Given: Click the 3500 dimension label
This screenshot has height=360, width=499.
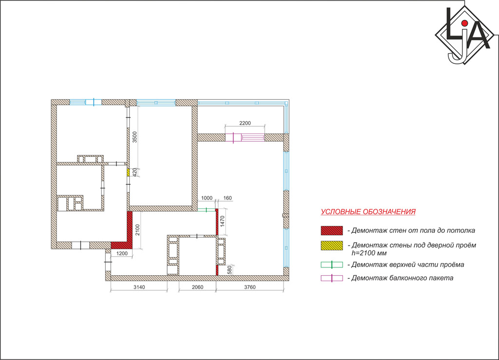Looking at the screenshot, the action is click(x=134, y=137).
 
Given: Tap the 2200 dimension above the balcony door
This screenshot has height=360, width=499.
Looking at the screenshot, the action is click(x=245, y=123).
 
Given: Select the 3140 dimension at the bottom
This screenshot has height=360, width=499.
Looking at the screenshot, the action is click(x=139, y=287).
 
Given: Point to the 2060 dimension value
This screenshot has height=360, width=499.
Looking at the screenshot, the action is click(x=198, y=287).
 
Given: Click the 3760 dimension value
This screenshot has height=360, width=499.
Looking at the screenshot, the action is click(x=250, y=287).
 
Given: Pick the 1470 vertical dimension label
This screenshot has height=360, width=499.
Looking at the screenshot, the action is click(x=222, y=221).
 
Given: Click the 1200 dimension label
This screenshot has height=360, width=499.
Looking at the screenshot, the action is click(x=122, y=253).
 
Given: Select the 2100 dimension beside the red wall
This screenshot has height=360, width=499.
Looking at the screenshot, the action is click(x=137, y=230).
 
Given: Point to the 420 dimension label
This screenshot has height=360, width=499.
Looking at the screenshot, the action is click(x=134, y=172).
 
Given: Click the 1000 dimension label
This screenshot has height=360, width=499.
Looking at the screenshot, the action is click(x=207, y=198).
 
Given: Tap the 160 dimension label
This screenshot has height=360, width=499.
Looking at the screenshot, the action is click(x=228, y=198).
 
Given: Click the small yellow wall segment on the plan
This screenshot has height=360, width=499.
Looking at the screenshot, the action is click(x=128, y=172).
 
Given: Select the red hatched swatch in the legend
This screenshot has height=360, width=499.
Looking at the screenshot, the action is click(x=331, y=230).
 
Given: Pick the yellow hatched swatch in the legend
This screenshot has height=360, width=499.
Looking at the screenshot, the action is click(x=331, y=246).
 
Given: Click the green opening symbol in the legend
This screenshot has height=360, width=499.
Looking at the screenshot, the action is click(x=331, y=265).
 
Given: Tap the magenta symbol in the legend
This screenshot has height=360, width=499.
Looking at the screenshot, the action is click(x=331, y=278).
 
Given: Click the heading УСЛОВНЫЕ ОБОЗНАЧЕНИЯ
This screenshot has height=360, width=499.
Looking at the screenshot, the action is click(x=368, y=212).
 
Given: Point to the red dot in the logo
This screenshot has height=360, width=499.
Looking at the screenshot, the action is click(x=464, y=23).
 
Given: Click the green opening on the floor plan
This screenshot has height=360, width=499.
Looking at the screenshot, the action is click(x=207, y=210).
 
